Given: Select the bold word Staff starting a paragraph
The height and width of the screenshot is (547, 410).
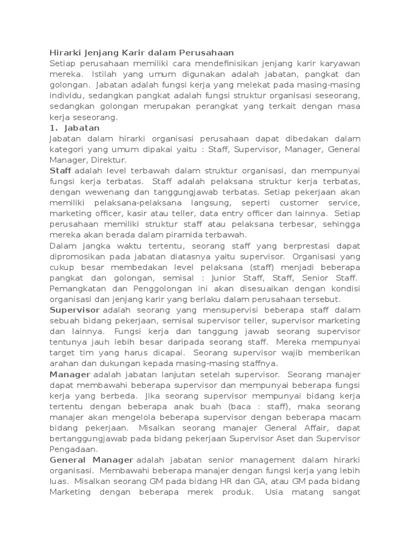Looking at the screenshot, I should click(x=60, y=170).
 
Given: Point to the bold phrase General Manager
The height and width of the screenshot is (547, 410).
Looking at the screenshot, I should click(x=91, y=459).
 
